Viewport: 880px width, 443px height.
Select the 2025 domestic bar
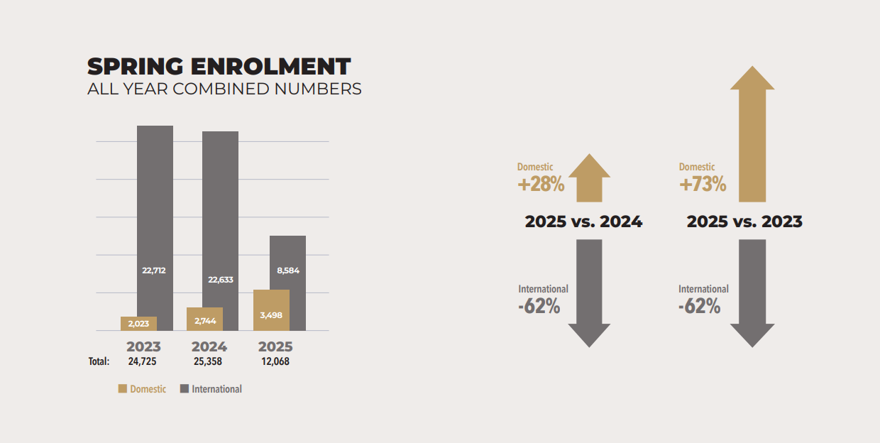pyautogui.click(x=271, y=310)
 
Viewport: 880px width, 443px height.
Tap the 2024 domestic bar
pyautogui.click(x=204, y=319)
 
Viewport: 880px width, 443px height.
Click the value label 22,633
pyautogui.click(x=220, y=280)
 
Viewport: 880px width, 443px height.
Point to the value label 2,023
pyautogui.click(x=138, y=324)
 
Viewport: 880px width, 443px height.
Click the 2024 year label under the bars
pyautogui.click(x=209, y=346)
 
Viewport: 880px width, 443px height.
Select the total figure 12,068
pyautogui.click(x=275, y=361)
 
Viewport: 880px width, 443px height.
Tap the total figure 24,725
pyautogui.click(x=142, y=361)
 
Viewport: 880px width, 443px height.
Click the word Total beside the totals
pyautogui.click(x=99, y=361)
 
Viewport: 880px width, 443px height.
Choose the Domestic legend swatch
pyautogui.click(x=123, y=389)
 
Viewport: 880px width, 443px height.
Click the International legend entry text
pyautogui.click(x=216, y=389)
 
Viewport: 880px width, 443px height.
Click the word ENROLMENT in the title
pyautogui.click(x=270, y=67)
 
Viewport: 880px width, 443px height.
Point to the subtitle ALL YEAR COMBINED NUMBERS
pyautogui.click(x=224, y=89)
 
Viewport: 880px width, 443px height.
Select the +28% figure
pyautogui.click(x=541, y=185)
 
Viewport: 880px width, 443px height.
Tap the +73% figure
pyautogui.click(x=703, y=185)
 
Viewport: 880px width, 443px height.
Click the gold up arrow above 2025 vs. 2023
pyautogui.click(x=752, y=135)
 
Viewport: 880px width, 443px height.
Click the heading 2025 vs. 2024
pyautogui.click(x=583, y=221)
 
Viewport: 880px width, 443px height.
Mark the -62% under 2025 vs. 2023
pyautogui.click(x=699, y=307)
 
